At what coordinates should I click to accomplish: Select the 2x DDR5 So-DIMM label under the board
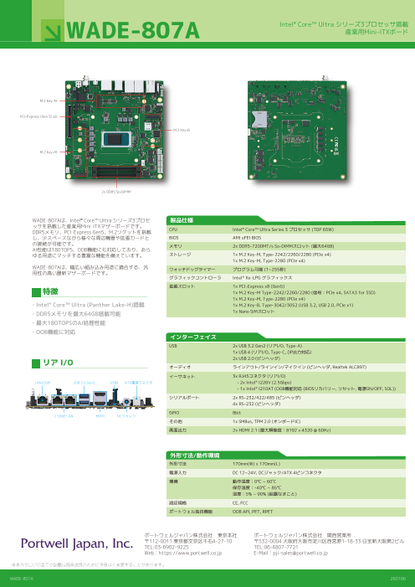pyautogui.click(x=115, y=192)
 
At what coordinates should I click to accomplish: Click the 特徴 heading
pyautogui.click(x=48, y=292)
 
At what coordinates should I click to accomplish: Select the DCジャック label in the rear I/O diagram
pyautogui.click(x=126, y=415)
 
